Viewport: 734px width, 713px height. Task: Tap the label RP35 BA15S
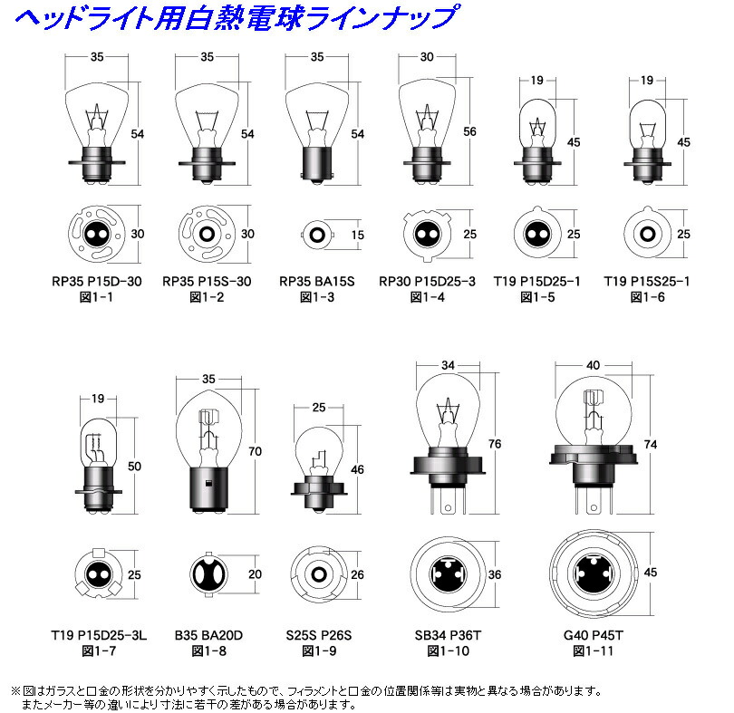(318, 281)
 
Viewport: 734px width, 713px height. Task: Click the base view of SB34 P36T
(446, 573)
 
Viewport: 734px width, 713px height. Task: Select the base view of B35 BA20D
(208, 574)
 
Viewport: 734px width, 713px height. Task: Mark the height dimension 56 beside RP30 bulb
(469, 130)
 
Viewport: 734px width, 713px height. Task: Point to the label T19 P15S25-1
(647, 281)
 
